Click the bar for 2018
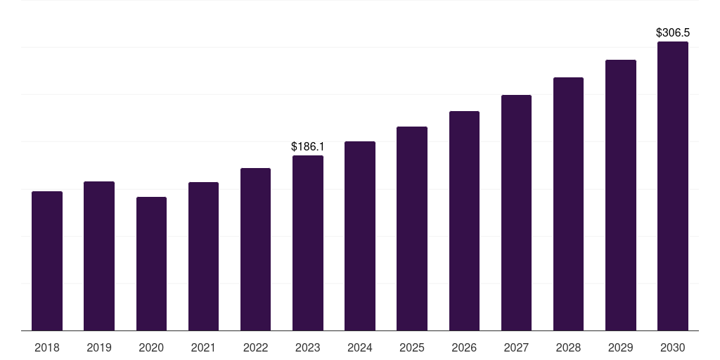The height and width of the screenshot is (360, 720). tap(47, 261)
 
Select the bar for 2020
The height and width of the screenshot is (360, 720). tap(151, 264)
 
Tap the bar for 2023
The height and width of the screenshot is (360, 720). tap(308, 243)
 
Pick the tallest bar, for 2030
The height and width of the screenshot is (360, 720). tap(673, 186)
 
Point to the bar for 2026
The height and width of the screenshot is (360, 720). tap(464, 221)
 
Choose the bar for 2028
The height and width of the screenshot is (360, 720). tap(568, 204)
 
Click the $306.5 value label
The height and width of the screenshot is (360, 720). tap(673, 32)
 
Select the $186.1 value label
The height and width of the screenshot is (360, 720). tap(308, 146)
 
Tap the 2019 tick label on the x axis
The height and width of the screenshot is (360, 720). tap(99, 347)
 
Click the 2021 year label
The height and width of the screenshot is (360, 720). tap(203, 347)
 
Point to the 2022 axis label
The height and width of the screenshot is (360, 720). tap(256, 347)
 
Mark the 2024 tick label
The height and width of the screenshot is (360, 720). tap(360, 347)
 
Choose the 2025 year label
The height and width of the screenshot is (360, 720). tap(412, 347)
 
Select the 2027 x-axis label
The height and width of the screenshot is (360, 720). tap(516, 347)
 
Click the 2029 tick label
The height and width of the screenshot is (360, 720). tap(621, 347)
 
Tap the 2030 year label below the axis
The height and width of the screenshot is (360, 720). tap(673, 347)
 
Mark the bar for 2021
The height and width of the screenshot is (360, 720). tap(203, 256)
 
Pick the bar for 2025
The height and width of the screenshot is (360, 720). tap(412, 229)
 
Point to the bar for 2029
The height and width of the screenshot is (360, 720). tap(621, 195)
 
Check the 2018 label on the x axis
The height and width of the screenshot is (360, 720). tap(47, 347)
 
